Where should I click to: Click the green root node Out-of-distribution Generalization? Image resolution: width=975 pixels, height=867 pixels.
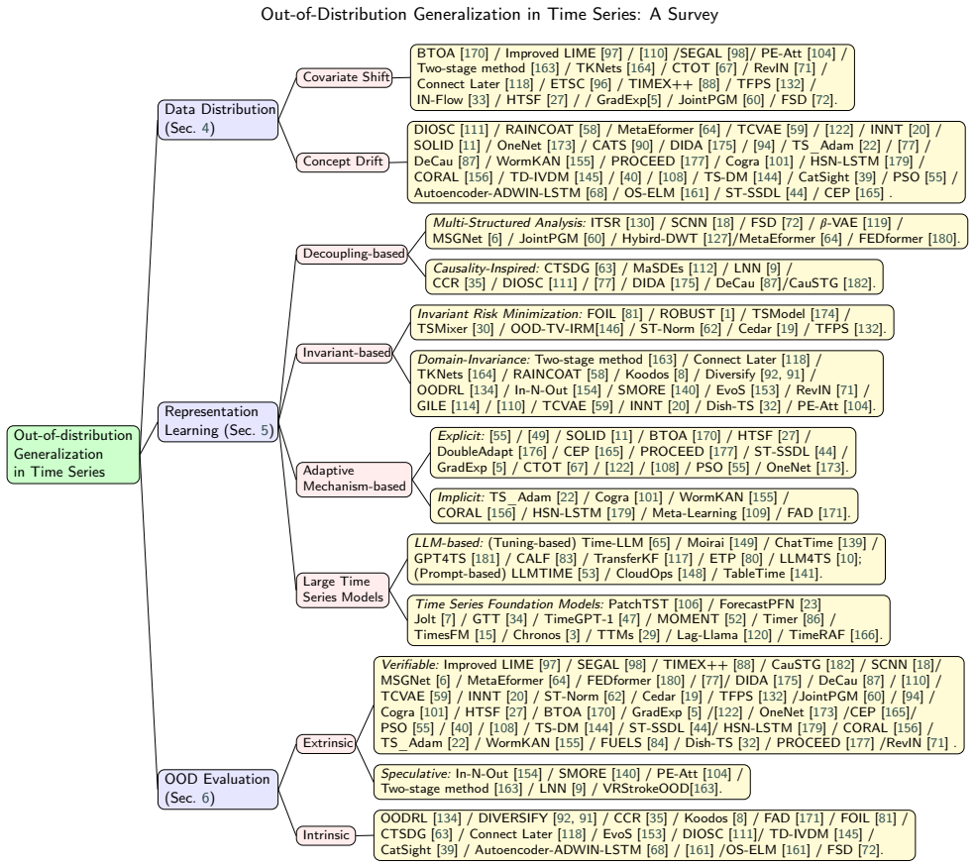(73, 454)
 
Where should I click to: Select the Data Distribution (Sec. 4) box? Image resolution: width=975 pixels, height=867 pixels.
(218, 120)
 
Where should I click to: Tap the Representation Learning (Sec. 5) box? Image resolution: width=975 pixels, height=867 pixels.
(218, 422)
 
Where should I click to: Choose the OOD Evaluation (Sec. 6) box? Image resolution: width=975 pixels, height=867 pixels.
(218, 789)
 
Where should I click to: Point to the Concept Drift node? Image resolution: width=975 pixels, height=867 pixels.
(343, 162)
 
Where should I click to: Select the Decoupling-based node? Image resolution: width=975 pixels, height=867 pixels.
(352, 254)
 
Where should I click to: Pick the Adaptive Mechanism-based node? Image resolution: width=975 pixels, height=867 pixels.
(354, 479)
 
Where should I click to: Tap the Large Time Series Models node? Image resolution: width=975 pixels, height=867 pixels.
(343, 590)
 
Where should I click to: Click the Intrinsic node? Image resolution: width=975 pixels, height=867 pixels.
(326, 835)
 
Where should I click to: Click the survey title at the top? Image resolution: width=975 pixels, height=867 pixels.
(489, 14)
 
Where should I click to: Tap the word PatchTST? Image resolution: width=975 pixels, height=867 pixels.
(636, 603)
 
